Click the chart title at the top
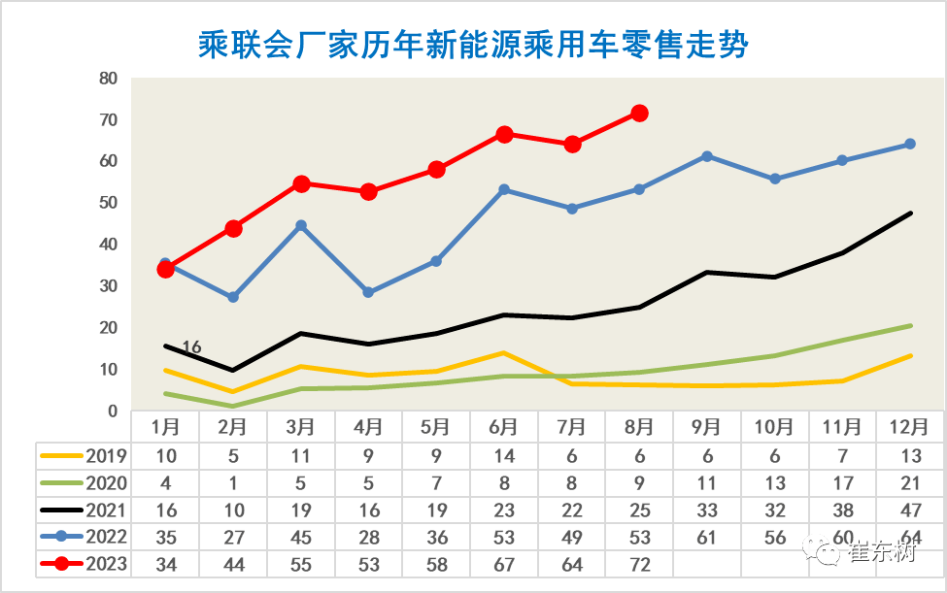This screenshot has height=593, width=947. coord(473,44)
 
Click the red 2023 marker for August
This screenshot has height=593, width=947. coord(639,114)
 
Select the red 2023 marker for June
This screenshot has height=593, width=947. coord(504,134)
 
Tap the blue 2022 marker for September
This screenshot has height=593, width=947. coord(707,156)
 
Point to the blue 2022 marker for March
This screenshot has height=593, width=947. coord(301,225)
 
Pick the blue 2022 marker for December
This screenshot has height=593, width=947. coord(910,144)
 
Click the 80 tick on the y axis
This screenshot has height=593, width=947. coord(109,79)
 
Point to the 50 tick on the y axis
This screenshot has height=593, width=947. coord(109,204)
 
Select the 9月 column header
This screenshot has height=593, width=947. coord(707,426)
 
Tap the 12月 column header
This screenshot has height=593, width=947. coord(910,426)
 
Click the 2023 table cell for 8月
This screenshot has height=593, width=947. coord(639,564)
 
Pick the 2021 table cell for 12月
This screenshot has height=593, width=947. coord(910,509)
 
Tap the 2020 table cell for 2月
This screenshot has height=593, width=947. coord(233,481)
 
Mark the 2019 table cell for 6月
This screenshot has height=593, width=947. coord(504,454)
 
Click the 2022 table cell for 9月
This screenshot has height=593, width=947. coord(707,537)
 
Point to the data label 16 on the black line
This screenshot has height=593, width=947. coord(191,346)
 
